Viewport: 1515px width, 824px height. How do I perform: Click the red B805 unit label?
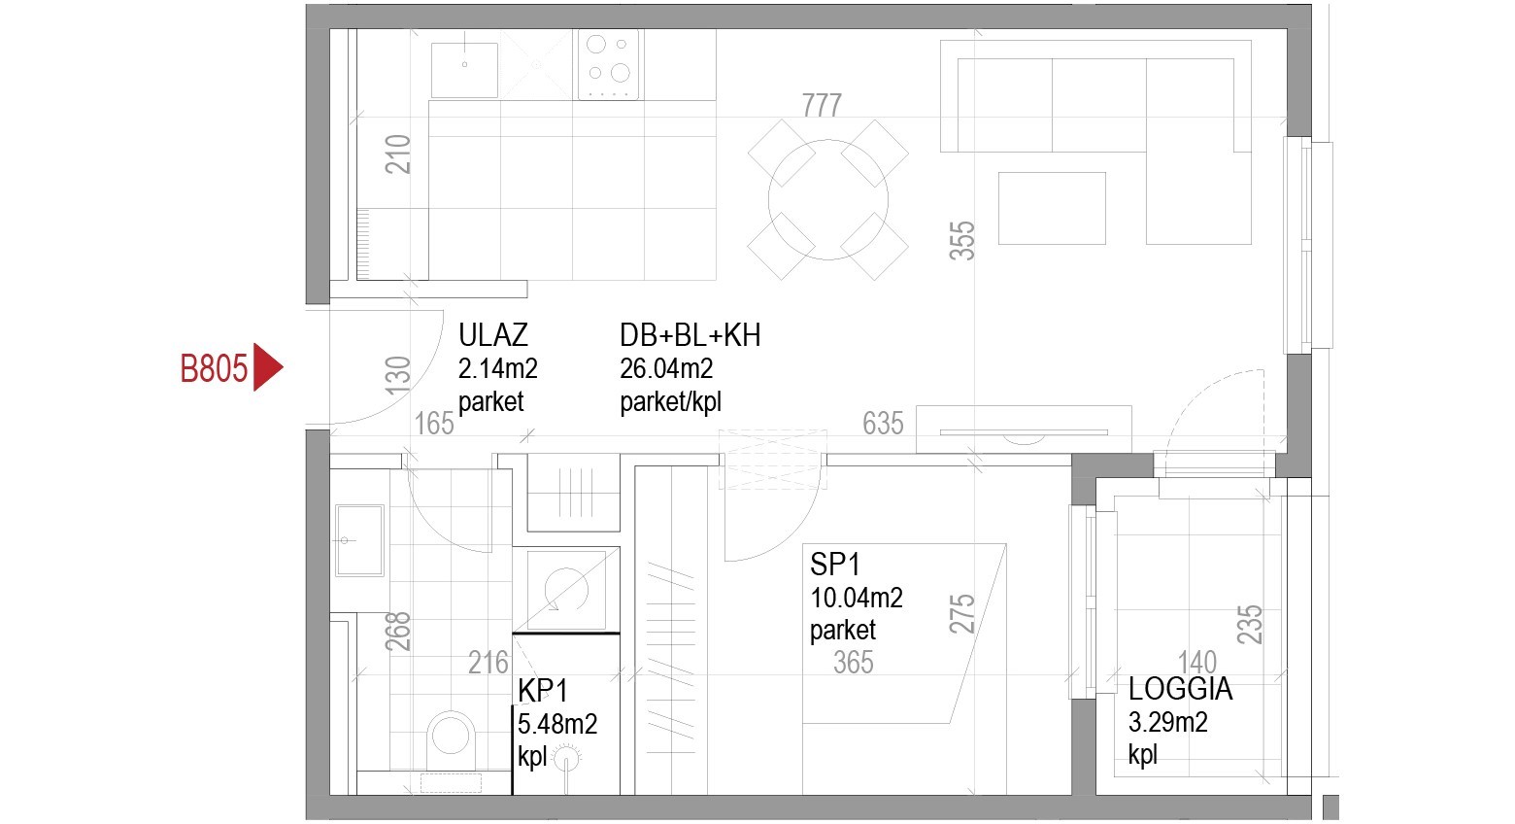pyautogui.click(x=214, y=368)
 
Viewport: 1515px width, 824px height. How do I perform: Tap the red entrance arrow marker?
pyautogui.click(x=267, y=367)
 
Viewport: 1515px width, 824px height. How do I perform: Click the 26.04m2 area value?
pyautogui.click(x=666, y=368)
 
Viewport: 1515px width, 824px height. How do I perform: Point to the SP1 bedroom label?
pyautogui.click(x=834, y=564)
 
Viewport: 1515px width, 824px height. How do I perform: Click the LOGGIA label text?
pyautogui.click(x=1180, y=689)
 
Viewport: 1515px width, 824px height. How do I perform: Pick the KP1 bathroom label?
pyautogui.click(x=543, y=691)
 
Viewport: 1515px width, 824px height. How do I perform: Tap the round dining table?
pyautogui.click(x=827, y=199)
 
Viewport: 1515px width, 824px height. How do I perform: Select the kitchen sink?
pyautogui.click(x=464, y=70)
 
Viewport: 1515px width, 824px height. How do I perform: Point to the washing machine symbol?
pyautogui.click(x=566, y=590)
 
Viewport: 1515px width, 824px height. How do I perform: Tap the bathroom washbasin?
pyautogui.click(x=359, y=540)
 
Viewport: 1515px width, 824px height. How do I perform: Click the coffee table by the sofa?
pyautogui.click(x=1052, y=208)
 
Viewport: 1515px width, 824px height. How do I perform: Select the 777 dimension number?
pyautogui.click(x=822, y=106)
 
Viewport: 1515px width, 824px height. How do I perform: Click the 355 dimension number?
pyautogui.click(x=962, y=241)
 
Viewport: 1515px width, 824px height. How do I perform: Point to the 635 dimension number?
pyautogui.click(x=883, y=424)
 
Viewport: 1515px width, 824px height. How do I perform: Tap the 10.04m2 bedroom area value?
pyautogui.click(x=857, y=598)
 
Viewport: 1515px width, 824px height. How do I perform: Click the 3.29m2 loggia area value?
pyautogui.click(x=1168, y=723)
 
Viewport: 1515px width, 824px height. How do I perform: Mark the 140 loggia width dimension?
pyautogui.click(x=1197, y=662)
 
